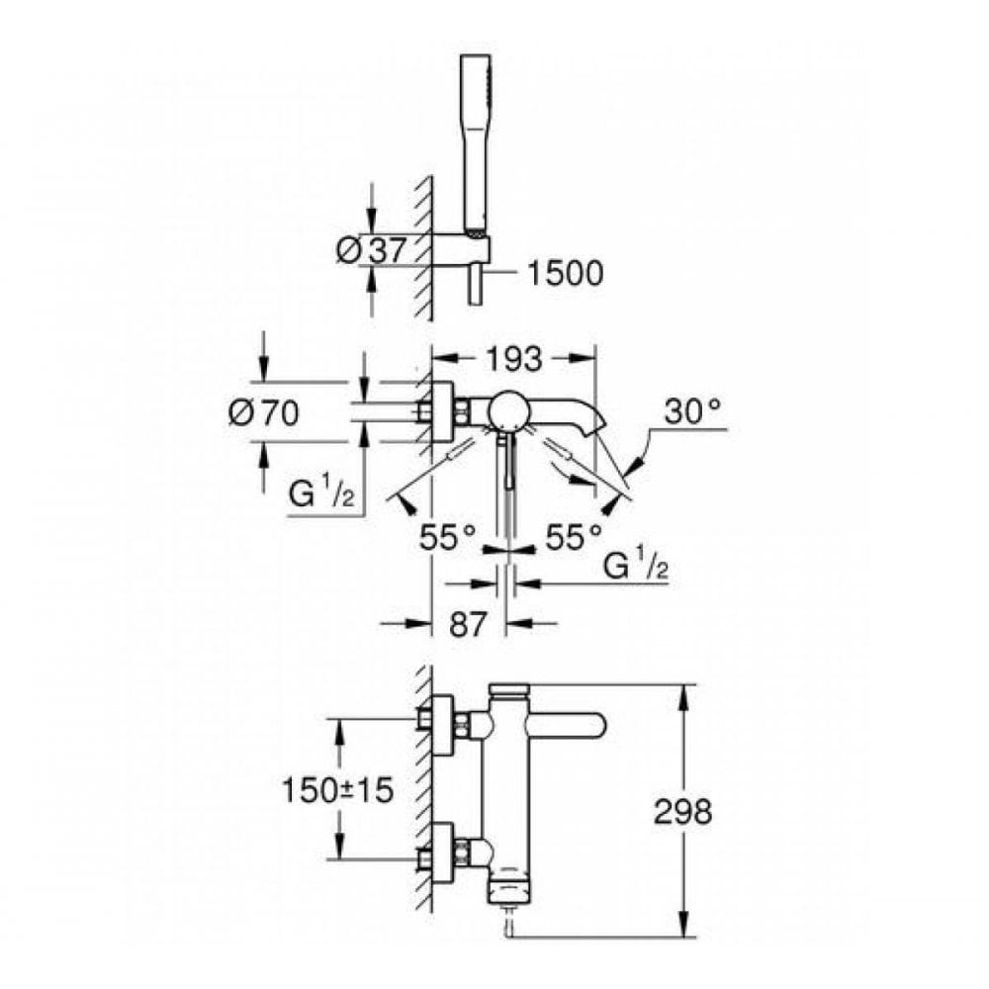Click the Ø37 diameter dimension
371,251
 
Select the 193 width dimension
513,361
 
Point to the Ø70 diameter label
263,414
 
